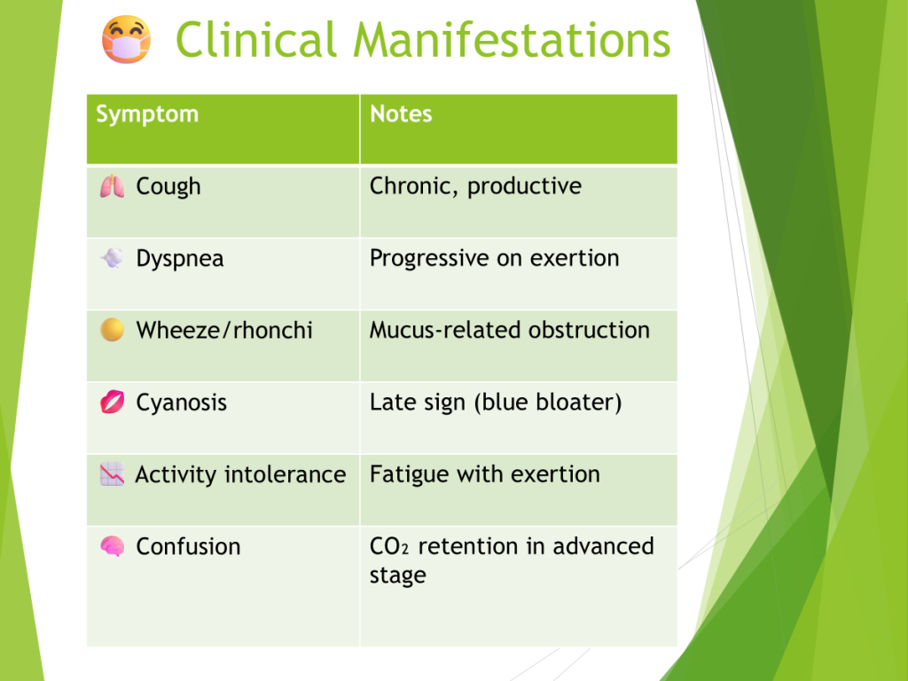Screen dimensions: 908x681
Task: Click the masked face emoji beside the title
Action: (x=126, y=39)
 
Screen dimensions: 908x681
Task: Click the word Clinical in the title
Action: (x=256, y=39)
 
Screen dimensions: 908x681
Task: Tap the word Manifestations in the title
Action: (x=512, y=39)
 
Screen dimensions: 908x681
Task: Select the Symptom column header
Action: (x=147, y=114)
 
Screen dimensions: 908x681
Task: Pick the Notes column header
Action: (x=401, y=114)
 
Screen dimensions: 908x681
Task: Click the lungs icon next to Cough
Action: (x=112, y=186)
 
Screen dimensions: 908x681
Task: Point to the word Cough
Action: (x=168, y=187)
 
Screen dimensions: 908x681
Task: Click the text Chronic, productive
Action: (x=475, y=186)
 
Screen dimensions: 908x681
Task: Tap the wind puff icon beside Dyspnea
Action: (x=112, y=258)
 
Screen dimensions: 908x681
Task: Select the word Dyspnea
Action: (x=179, y=259)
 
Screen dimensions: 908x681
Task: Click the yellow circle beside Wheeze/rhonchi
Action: (x=112, y=330)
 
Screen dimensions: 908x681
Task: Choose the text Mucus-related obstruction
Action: (x=510, y=330)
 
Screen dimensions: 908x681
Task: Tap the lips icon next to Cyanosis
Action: (x=112, y=402)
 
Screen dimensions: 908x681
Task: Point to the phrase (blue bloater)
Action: (x=548, y=403)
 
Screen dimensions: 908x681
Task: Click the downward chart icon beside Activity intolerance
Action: (x=112, y=474)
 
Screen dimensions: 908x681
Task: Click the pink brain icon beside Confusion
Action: (x=112, y=546)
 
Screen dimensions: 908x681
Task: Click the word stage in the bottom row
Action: (x=398, y=576)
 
